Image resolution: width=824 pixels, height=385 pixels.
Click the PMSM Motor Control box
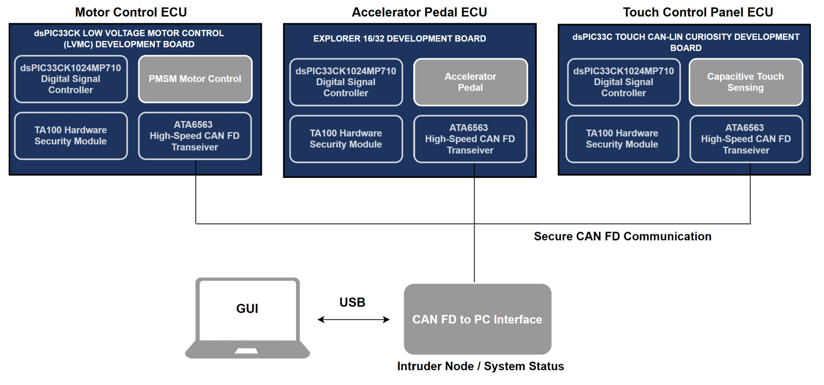(195, 79)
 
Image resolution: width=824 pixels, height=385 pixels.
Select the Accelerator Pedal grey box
(470, 82)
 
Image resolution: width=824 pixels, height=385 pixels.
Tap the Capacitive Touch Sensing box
(746, 82)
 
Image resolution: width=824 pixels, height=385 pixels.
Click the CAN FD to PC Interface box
(477, 319)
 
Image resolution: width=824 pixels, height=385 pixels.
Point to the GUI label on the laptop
(247, 309)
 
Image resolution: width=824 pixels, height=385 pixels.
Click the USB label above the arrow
(352, 302)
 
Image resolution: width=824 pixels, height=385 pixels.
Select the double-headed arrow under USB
(353, 320)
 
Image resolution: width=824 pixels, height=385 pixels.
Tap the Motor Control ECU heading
(131, 12)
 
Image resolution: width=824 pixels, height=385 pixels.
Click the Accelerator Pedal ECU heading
(419, 12)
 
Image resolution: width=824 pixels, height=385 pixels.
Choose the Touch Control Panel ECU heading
(698, 12)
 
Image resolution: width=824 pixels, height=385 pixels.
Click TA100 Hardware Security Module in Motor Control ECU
(71, 136)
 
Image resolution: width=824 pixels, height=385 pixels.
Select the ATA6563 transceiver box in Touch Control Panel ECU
(746, 139)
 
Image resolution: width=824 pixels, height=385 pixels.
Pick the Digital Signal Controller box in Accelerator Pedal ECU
(346, 82)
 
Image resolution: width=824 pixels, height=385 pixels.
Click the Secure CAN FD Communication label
(622, 236)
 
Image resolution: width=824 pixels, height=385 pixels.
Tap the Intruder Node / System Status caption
(480, 367)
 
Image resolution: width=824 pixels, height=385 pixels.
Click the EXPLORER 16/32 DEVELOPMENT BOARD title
(400, 39)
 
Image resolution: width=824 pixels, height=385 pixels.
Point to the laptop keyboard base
(247, 350)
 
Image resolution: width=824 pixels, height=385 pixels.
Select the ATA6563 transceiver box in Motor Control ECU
(195, 136)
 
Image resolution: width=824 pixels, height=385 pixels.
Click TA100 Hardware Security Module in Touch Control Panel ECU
(622, 139)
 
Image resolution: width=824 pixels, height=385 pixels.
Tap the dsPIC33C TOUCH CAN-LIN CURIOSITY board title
(686, 42)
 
